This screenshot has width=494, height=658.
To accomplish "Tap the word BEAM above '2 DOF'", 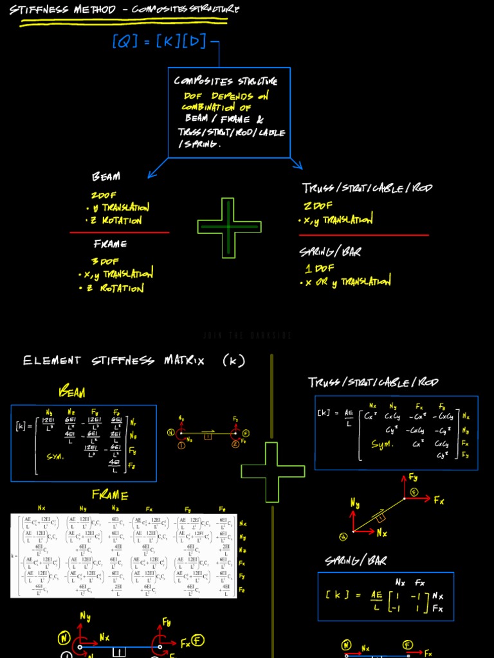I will point(106,177).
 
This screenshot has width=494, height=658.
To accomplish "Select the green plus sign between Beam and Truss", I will point(229,227).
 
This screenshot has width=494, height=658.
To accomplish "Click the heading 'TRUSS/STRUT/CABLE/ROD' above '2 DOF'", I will point(367,188).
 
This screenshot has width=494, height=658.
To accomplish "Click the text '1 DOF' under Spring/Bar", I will point(319,268).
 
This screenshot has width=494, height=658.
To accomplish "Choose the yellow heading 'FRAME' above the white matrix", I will point(110,495).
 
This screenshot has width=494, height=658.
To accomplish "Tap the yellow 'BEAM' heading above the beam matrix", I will point(71,391).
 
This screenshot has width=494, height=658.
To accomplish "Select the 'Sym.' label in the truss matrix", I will point(381,444).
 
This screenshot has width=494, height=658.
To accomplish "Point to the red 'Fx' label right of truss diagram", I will point(439,501).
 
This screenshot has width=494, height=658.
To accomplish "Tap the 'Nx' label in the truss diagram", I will point(381,533).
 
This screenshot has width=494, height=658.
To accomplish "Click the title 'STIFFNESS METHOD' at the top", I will point(62,10).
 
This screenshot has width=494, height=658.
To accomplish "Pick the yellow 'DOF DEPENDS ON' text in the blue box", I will point(226,96).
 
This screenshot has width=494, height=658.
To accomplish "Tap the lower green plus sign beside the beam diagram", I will point(273,472).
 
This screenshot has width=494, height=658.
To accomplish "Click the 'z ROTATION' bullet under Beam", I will point(114,220).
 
